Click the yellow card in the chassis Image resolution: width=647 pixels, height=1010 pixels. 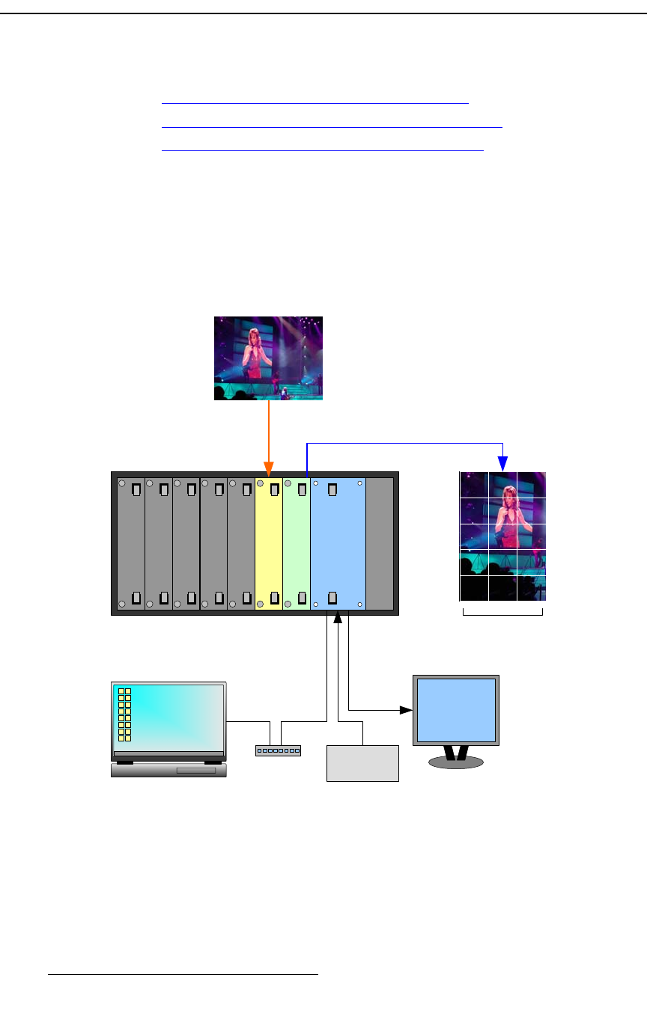(x=269, y=545)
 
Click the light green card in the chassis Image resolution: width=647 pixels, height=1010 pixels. (x=297, y=545)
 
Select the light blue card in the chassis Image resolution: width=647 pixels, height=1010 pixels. (x=338, y=545)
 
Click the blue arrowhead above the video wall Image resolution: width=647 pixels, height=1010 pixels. (x=503, y=464)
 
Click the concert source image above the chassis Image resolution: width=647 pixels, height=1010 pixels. (x=268, y=358)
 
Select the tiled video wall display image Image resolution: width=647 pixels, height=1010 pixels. (x=502, y=536)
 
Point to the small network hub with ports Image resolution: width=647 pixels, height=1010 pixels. (x=278, y=750)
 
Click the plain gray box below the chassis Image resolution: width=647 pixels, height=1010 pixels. (x=362, y=763)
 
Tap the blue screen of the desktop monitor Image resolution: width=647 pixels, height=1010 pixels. (x=456, y=710)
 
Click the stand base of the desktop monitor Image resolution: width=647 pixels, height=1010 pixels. (x=455, y=762)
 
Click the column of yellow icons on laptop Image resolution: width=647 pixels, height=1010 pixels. (x=125, y=714)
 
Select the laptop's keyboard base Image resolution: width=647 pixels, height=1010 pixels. (x=168, y=770)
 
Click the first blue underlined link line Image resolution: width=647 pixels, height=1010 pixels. (x=315, y=103)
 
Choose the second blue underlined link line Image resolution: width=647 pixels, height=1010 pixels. (x=332, y=126)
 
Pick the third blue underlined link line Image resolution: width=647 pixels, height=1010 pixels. (x=323, y=149)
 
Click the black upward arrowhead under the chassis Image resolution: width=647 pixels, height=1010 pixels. (x=338, y=616)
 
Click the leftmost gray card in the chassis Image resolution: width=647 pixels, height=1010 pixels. (x=131, y=545)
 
